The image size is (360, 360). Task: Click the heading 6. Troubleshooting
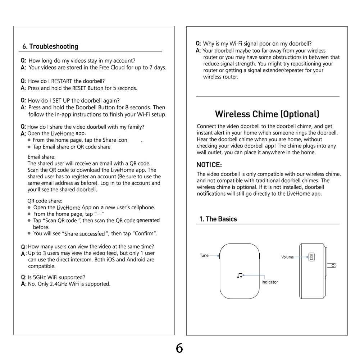(x=50, y=47)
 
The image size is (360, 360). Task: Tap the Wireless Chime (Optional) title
(x=267, y=114)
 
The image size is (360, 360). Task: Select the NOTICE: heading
(x=209, y=165)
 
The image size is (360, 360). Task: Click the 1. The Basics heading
(x=218, y=219)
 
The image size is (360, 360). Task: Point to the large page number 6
(x=179, y=348)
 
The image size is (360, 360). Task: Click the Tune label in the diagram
(x=204, y=256)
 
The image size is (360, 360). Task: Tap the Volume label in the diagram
(x=287, y=257)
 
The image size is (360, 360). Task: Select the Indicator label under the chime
(x=270, y=282)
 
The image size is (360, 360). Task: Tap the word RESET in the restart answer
(x=79, y=88)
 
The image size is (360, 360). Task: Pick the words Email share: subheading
(x=42, y=157)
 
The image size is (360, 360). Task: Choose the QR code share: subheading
(x=45, y=201)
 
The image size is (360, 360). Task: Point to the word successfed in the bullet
(x=92, y=234)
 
